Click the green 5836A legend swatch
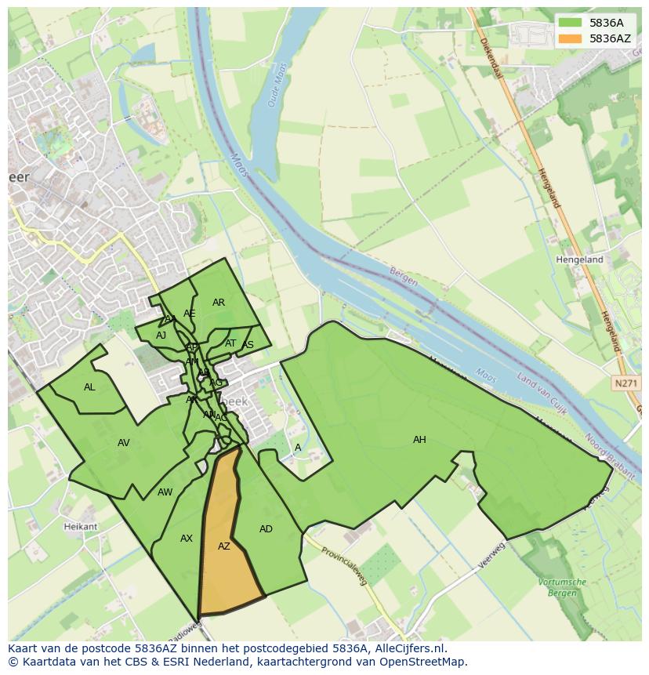click(x=570, y=23)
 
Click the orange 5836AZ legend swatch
click(x=570, y=38)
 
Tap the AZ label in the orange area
click(x=224, y=546)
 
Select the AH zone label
click(x=419, y=440)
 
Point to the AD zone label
click(x=266, y=529)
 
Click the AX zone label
click(x=187, y=539)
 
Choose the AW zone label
click(x=165, y=492)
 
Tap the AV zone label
click(x=123, y=443)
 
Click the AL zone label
click(x=89, y=387)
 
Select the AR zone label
click(x=219, y=303)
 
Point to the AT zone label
click(x=230, y=343)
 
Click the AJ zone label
click(x=161, y=336)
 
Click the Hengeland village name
click(x=579, y=259)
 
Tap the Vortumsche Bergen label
click(x=563, y=586)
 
